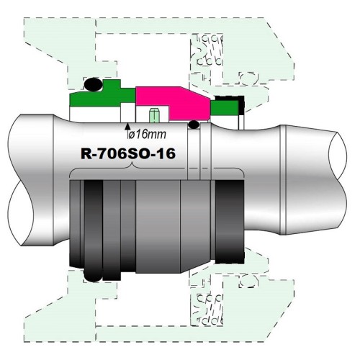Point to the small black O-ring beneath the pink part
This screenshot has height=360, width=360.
click(x=192, y=126)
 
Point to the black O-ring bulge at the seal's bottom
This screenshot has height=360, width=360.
click(x=93, y=276)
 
